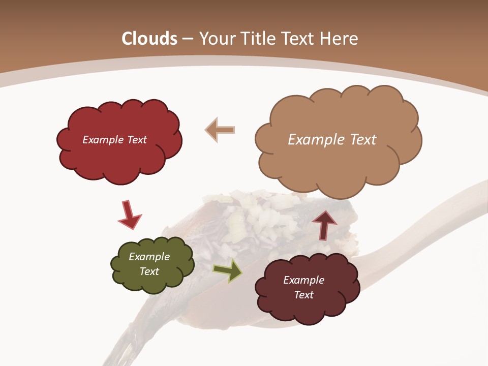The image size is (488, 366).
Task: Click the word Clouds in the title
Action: click(149, 39)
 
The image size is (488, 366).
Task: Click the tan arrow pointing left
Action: click(220, 130)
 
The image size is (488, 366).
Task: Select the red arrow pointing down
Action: click(129, 214)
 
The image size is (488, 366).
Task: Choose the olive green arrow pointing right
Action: click(227, 270)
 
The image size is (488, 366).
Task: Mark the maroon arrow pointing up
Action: click(324, 224)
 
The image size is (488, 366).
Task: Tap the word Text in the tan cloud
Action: click(363, 140)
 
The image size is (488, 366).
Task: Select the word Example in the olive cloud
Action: click(149, 257)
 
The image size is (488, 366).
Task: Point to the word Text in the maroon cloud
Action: click(304, 295)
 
